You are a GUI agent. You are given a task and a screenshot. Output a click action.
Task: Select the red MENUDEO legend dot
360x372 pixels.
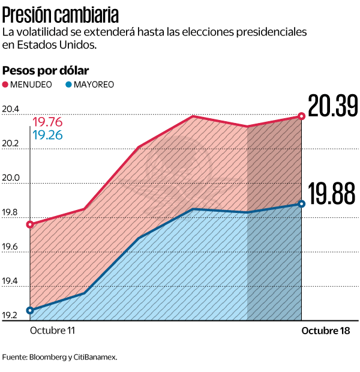tap(6, 85)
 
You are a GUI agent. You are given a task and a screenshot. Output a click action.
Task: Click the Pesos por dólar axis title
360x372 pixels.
tap(46, 70)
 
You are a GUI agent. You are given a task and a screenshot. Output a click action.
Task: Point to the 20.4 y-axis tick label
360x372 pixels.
tap(10, 109)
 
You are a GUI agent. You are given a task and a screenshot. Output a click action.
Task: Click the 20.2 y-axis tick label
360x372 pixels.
tap(10, 144)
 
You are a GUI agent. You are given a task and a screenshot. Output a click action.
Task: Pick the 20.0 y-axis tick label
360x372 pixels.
tap(10, 178)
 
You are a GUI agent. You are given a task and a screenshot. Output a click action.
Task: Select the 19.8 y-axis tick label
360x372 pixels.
tap(10, 212)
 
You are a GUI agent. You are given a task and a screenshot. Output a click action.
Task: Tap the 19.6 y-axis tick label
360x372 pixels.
tap(10, 247)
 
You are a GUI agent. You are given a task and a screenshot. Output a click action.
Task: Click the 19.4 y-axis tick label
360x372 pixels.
tap(10, 281)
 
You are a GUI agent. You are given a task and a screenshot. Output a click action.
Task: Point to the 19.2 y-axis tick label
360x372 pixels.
tap(10, 316)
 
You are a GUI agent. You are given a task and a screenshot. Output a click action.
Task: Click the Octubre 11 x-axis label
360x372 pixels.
tap(53, 331)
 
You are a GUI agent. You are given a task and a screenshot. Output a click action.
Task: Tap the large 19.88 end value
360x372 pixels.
tap(331, 194)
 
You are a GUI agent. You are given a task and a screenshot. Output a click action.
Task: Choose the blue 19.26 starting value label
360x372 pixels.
tap(48, 136)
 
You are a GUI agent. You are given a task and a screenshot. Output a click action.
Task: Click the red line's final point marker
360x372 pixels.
tap(301, 116)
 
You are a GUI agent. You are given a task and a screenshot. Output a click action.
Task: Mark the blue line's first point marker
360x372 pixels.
tap(30, 310)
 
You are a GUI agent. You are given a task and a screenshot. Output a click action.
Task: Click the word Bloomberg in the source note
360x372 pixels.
tap(47, 357)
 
